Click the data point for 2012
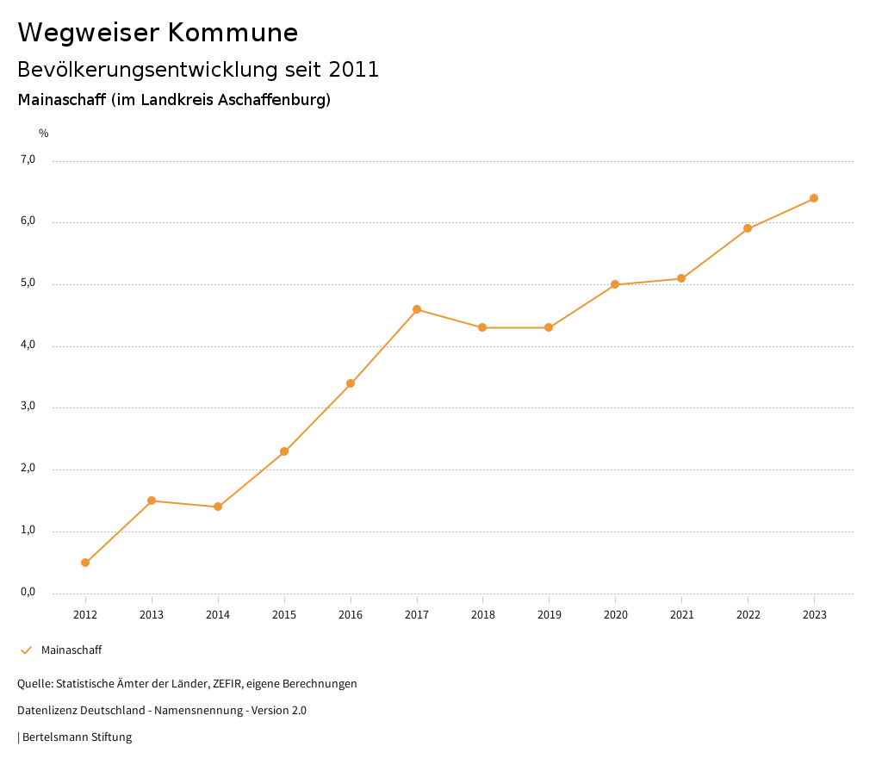tap(85, 563)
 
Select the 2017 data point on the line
tap(417, 309)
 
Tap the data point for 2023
tap(814, 198)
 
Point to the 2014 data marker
tap(218, 507)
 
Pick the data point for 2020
tap(615, 284)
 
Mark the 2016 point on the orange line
tap(351, 383)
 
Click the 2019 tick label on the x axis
tap(549, 614)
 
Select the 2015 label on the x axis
tap(284, 614)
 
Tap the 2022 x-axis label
tap(748, 614)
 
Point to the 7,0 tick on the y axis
tap(28, 159)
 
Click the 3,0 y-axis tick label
tap(28, 407)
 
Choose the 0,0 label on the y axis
tap(28, 592)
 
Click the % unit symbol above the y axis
tap(44, 134)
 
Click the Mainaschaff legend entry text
tap(71, 650)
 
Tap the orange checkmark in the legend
tap(26, 650)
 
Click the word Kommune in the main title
tap(233, 33)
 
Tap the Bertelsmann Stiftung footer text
tap(77, 737)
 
